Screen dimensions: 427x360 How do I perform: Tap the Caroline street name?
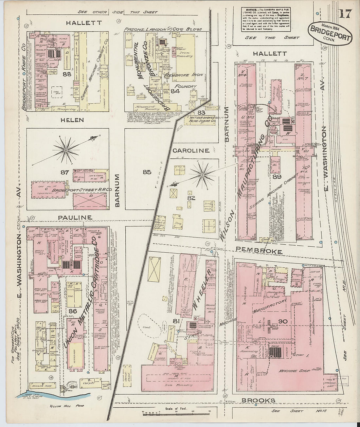coord(191,151)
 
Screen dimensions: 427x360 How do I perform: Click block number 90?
coord(283,322)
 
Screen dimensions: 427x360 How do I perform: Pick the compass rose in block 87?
coord(66,150)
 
